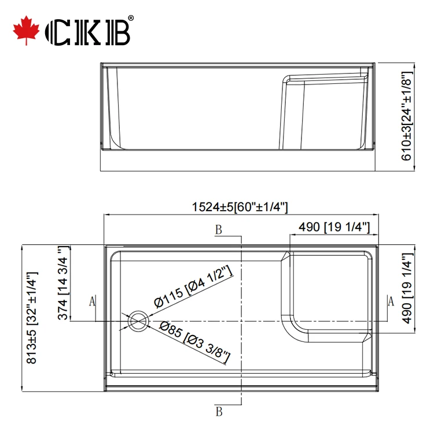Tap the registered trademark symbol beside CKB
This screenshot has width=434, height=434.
130,19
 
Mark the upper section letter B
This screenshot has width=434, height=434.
218,231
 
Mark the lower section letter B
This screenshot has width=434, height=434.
219,411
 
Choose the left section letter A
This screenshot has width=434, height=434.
91,301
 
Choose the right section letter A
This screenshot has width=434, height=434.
391,301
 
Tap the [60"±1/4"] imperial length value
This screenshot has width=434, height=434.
261,207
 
